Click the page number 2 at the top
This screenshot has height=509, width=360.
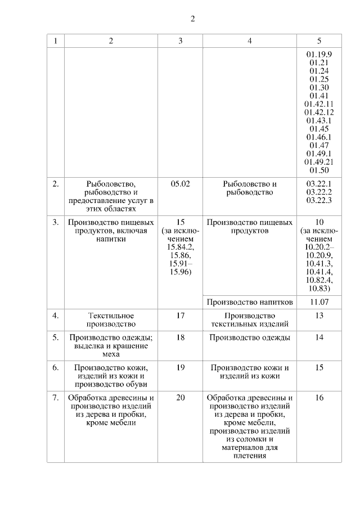coord(192,19)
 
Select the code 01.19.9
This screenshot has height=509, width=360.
coord(319,55)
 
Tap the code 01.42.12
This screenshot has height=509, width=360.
coord(319,112)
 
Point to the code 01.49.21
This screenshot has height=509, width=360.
coord(319,162)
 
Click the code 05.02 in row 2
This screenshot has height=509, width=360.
coord(180,184)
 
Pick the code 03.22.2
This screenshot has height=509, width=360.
coord(319,192)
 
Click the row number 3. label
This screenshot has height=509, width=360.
coord(56,222)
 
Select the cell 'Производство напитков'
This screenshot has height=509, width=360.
coord(250,302)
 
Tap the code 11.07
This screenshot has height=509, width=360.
coord(319,302)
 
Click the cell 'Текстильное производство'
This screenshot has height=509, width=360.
coord(111,319)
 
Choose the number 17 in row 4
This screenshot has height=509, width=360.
coord(180,316)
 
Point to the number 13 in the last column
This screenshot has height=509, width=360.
coord(319,316)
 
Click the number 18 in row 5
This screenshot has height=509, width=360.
coord(180,337)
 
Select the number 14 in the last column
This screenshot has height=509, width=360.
coord(319,337)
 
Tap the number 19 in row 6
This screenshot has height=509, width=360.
coord(180,368)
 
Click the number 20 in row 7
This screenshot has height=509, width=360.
coord(180,398)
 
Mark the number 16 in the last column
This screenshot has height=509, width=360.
coord(319,398)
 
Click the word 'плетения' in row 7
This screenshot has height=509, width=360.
coord(250,456)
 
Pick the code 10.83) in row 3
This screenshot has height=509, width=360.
coord(319,289)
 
